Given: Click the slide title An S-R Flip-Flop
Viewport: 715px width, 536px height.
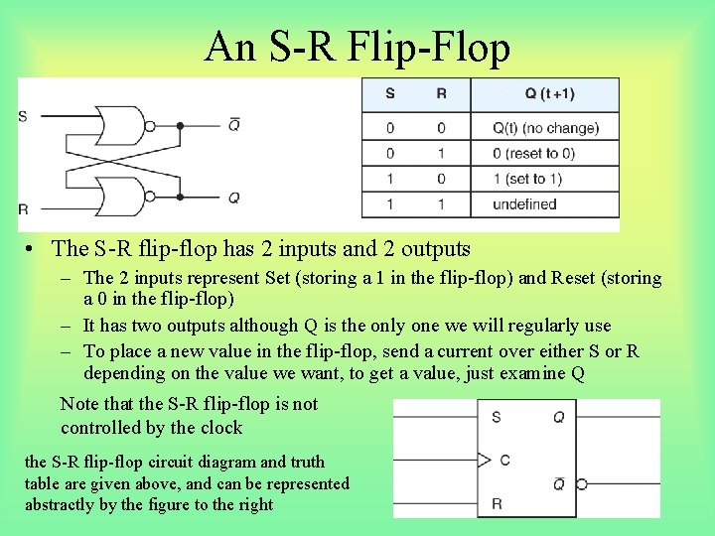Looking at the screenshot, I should [357, 48].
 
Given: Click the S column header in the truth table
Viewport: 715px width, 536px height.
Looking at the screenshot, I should [389, 94].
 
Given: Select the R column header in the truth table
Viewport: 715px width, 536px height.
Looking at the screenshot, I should [441, 94].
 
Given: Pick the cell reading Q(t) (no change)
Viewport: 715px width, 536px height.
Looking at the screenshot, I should [545, 128].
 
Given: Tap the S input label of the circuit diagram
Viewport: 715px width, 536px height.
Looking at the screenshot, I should [23, 116].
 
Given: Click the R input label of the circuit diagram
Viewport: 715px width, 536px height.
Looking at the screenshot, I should [23, 209].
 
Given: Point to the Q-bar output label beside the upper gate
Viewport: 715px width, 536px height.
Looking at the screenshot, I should [234, 125].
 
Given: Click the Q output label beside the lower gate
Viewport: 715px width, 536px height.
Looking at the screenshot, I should [234, 198].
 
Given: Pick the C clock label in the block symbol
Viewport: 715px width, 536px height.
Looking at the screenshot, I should [505, 461].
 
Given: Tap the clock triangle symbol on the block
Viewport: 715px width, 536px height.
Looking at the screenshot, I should [485, 461].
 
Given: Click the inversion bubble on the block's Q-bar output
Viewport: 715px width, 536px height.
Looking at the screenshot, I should [581, 484].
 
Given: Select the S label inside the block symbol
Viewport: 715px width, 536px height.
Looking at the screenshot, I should [497, 418].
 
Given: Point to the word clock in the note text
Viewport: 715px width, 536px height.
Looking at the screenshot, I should [220, 428].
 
